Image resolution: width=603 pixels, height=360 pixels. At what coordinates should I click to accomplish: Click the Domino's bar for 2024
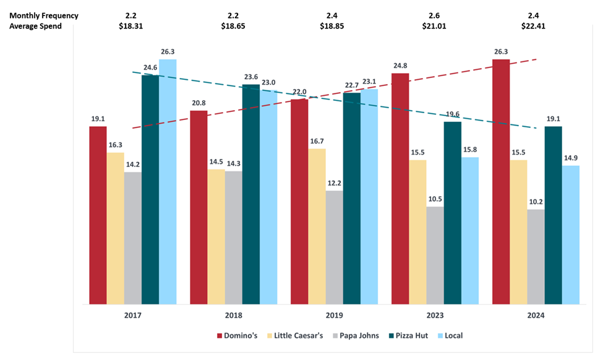(x=501, y=182)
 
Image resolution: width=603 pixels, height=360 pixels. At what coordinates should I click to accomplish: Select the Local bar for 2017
(x=168, y=182)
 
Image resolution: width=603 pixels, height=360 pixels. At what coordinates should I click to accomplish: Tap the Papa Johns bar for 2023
(x=435, y=255)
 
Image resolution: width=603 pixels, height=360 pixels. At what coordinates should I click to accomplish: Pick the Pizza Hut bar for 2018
(x=251, y=194)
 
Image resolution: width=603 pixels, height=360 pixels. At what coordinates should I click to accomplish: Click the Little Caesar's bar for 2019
(x=317, y=226)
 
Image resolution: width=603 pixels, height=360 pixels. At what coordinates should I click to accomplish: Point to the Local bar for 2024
(x=570, y=235)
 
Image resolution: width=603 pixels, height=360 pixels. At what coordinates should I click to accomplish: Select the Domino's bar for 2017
(x=98, y=215)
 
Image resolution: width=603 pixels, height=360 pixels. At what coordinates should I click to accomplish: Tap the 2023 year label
(x=435, y=315)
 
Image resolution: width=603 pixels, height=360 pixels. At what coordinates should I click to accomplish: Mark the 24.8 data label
(x=400, y=65)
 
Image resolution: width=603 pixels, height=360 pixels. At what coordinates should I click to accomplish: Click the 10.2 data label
(x=536, y=202)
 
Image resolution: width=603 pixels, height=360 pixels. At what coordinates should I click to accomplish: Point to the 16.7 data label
(x=317, y=141)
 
